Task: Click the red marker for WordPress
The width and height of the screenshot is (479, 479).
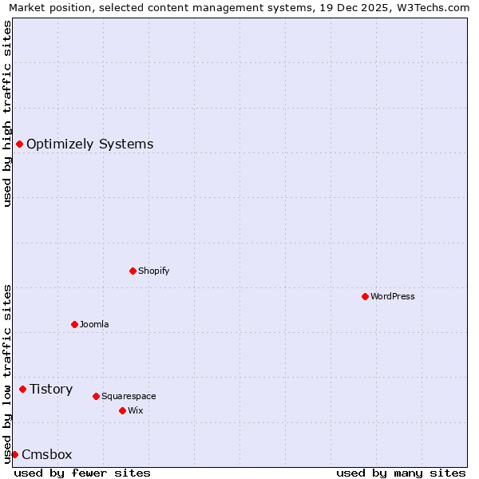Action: [x=365, y=296]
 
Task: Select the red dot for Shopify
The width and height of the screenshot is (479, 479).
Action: [x=133, y=271]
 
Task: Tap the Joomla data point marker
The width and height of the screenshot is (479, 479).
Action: [x=74, y=324]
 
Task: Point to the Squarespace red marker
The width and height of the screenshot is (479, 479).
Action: [x=96, y=396]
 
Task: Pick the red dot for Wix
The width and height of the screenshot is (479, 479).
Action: [x=122, y=410]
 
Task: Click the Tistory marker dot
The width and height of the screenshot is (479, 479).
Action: [x=22, y=389]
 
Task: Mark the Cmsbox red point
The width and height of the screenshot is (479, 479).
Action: [x=14, y=454]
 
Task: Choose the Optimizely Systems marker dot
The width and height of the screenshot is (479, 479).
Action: [x=19, y=144]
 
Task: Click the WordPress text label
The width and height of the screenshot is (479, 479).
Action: [x=393, y=296]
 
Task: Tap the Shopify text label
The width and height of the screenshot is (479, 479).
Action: [x=154, y=271]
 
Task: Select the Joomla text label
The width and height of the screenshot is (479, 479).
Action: [x=94, y=324]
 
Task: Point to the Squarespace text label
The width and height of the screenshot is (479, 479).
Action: [x=129, y=396]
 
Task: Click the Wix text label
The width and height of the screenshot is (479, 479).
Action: [x=135, y=410]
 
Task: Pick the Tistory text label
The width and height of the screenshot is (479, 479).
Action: [x=51, y=389]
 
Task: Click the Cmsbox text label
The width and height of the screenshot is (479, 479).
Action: [x=47, y=454]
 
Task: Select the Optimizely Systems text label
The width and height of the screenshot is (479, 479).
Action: [x=89, y=144]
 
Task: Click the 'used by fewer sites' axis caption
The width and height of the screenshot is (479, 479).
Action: [x=82, y=473]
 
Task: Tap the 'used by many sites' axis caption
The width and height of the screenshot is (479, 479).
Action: [x=401, y=473]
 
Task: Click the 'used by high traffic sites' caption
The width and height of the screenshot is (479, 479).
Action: [x=7, y=113]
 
